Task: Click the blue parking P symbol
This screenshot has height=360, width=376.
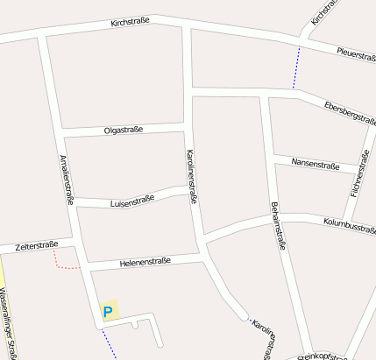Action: pos(109,311)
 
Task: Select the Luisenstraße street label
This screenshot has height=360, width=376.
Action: pos(132,201)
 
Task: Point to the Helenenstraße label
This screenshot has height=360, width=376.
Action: pos(145,262)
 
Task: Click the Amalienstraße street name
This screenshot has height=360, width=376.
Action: pos(65,180)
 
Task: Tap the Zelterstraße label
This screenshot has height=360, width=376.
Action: pos(36,245)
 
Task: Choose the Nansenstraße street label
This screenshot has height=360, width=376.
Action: pos(316,164)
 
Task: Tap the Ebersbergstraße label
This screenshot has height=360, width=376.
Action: pos(350,113)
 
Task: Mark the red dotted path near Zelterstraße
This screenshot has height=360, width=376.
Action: pos(63,264)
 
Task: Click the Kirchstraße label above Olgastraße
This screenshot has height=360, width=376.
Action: pos(131,21)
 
